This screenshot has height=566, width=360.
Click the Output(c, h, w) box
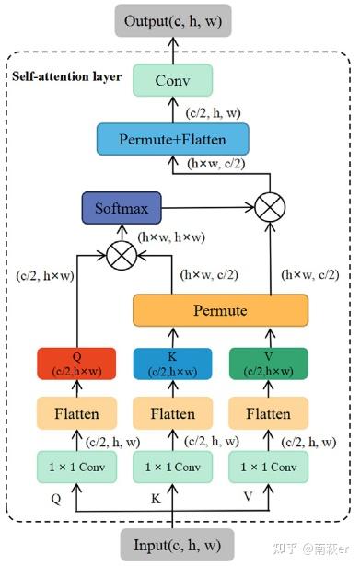172,21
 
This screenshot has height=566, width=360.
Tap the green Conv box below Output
172,81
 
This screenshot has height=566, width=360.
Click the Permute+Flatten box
172,141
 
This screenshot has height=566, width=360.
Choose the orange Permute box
220,311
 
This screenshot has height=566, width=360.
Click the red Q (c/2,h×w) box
76,364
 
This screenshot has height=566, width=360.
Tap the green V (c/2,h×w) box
268,364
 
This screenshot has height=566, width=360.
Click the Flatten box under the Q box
76,413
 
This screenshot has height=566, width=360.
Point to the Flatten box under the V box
268,413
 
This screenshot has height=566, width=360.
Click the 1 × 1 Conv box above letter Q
76,467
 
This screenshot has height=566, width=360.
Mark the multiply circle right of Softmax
269,204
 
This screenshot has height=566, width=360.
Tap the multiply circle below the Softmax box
120,252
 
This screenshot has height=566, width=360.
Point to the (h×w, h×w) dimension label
170,237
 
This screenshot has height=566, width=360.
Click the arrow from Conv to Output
172,51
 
